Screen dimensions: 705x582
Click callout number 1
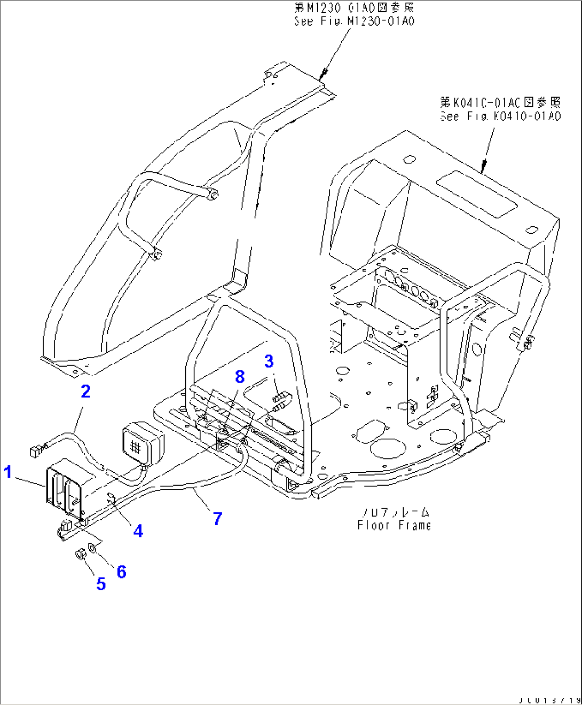(x=7, y=472)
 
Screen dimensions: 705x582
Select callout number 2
(x=85, y=391)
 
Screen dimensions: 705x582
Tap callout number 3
(x=269, y=361)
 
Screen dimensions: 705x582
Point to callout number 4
(x=138, y=530)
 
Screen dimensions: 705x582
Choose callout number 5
(x=101, y=584)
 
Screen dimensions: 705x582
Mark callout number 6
(x=121, y=572)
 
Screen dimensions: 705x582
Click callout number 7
(x=217, y=518)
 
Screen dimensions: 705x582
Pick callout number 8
(x=240, y=377)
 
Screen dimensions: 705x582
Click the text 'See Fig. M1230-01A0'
(x=354, y=21)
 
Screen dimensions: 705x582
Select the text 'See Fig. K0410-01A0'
(x=500, y=116)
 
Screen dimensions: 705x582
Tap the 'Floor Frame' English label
(x=394, y=525)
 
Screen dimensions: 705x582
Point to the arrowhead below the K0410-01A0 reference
(x=483, y=168)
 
